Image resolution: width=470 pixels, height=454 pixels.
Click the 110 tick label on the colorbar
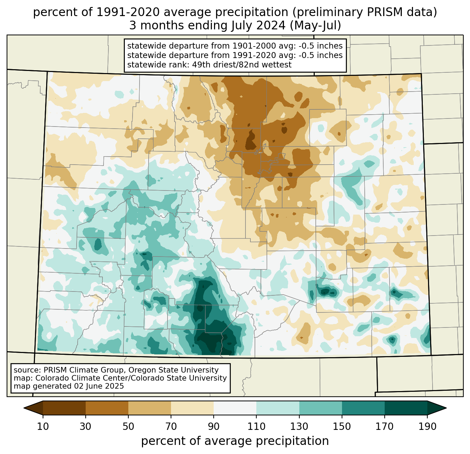[256, 426]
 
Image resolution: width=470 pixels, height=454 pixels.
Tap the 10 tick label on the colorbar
[43, 426]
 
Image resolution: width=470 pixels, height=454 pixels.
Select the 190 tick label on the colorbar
[427, 426]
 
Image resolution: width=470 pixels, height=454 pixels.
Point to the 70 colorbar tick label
[171, 426]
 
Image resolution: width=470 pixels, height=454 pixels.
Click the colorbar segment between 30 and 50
[107, 408]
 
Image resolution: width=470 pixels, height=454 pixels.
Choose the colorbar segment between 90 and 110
[235, 408]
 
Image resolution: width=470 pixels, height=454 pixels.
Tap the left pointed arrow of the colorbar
[33, 408]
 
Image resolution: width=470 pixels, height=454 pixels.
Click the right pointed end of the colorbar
[437, 408]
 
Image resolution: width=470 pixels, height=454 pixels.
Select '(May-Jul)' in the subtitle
[315, 26]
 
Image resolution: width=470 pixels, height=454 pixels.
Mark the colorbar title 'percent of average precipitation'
[235, 441]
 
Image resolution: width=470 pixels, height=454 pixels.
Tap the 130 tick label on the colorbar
[299, 426]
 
